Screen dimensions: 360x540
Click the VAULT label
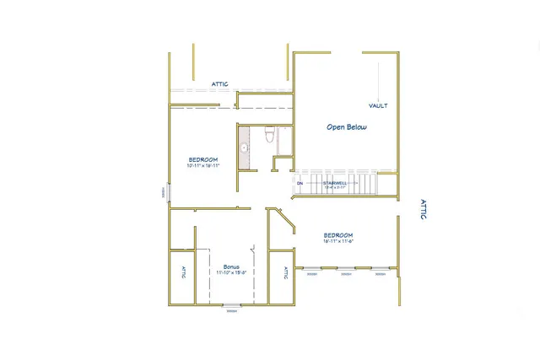point(378,106)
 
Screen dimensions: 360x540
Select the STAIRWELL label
point(334,182)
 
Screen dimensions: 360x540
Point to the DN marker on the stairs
point(300,182)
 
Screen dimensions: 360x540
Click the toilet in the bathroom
point(269,134)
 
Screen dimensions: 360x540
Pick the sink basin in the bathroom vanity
point(245,148)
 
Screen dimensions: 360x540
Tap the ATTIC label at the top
point(219,84)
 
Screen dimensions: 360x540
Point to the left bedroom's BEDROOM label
point(203,159)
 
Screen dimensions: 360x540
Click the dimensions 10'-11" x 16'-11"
point(203,166)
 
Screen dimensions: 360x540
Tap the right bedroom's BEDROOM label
point(337,235)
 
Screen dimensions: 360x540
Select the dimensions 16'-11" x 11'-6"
point(337,242)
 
